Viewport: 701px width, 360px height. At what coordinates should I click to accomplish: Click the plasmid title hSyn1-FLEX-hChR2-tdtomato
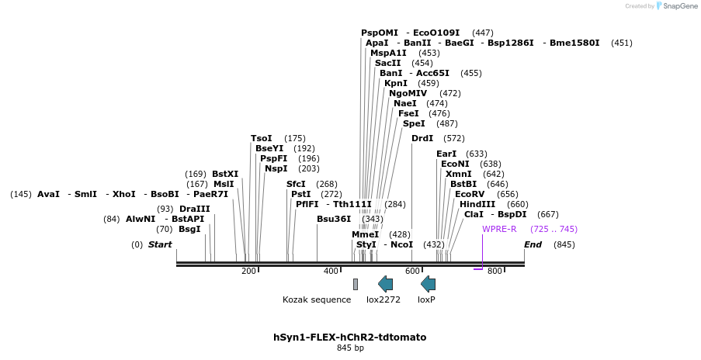coord(349,337)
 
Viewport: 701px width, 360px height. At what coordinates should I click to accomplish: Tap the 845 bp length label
coord(349,348)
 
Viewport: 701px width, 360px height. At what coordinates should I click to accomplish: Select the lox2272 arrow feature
coord(385,284)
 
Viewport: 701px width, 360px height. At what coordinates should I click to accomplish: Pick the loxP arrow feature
coord(428,284)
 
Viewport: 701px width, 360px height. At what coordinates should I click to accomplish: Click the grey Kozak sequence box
coord(356,284)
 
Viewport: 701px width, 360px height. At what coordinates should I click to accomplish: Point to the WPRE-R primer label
coord(499,229)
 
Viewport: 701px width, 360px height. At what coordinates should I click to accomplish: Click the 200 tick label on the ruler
coord(248,271)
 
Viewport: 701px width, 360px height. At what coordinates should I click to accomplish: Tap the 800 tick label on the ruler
coord(495,271)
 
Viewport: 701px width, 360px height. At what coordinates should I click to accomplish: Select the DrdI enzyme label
coord(422,138)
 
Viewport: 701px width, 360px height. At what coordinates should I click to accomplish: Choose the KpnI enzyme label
coord(396,83)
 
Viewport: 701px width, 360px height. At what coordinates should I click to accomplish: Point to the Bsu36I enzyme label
coord(334,219)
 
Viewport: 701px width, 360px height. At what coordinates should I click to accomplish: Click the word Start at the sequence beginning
coord(160,244)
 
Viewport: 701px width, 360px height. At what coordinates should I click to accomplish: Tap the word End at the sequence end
coord(533,244)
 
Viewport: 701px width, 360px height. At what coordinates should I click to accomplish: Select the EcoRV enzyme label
coord(470,194)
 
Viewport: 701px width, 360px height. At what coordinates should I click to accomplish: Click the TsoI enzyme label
coord(262,138)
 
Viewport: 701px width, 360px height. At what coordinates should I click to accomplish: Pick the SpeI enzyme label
coord(414,123)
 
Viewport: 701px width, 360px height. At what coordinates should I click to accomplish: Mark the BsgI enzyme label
coord(189,229)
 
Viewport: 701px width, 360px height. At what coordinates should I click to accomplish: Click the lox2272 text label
coord(383,299)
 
